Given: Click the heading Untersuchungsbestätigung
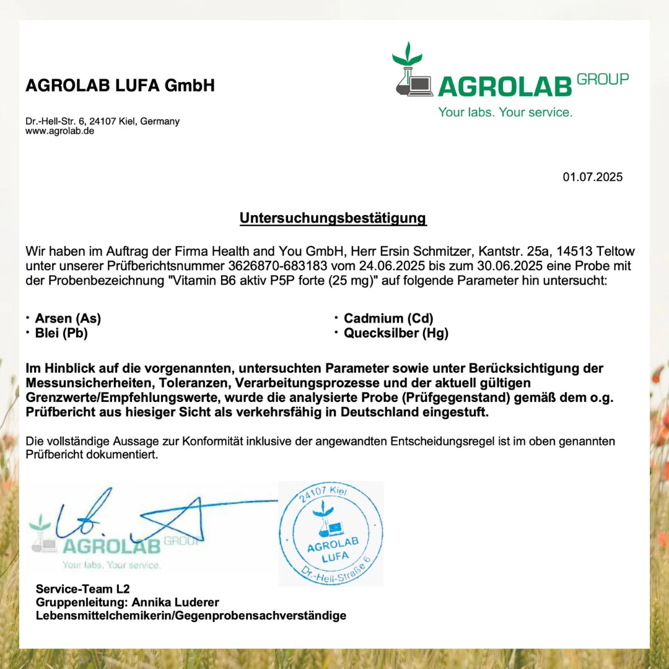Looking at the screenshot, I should pyautogui.click(x=333, y=218).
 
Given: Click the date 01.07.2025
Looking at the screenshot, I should pyautogui.click(x=592, y=177).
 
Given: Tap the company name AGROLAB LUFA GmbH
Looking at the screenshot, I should pyautogui.click(x=120, y=85).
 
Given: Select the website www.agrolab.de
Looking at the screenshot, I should pyautogui.click(x=59, y=131).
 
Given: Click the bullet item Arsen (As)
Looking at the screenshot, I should pyautogui.click(x=68, y=318).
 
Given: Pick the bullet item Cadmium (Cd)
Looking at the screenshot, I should pyautogui.click(x=388, y=318).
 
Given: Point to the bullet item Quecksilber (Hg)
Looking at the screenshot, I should pyautogui.click(x=396, y=333).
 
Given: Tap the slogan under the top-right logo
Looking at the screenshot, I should pyautogui.click(x=505, y=112).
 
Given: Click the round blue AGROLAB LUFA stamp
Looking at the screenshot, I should pyautogui.click(x=330, y=534).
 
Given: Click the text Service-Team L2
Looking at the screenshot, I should pyautogui.click(x=82, y=588).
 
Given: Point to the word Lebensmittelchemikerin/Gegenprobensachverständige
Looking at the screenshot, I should pyautogui.click(x=191, y=616).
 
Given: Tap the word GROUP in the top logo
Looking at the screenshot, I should pyautogui.click(x=602, y=79).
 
